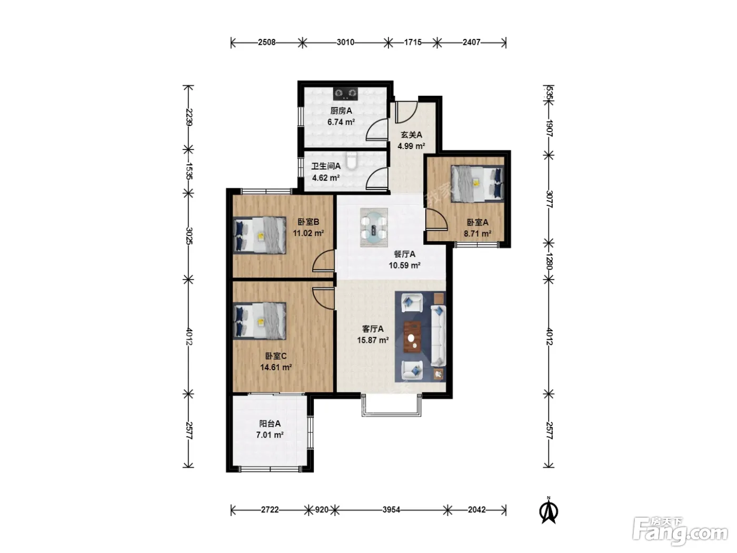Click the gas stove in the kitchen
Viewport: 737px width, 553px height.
tap(345, 94)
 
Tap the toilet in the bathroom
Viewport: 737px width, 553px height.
tap(351, 161)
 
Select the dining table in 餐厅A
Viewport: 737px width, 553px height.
tap(374, 228)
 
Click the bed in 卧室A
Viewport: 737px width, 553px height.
tap(477, 183)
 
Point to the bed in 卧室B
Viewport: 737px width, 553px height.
tap(260, 235)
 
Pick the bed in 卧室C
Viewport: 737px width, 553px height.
tap(260, 321)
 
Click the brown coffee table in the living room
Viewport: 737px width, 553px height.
tap(412, 337)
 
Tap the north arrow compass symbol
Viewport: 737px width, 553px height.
tap(549, 510)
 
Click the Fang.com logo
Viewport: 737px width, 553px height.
tap(680, 531)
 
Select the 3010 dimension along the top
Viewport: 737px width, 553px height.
tap(345, 42)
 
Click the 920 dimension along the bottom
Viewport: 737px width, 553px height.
tap(321, 510)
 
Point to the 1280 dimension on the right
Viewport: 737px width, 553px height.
tap(549, 261)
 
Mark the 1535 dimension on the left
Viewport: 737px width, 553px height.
tap(188, 171)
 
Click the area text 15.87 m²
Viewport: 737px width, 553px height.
tap(373, 340)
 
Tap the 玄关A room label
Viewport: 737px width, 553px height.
tap(411, 135)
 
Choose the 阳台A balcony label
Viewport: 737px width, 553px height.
tap(270, 424)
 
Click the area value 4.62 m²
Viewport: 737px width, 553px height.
tap(326, 177)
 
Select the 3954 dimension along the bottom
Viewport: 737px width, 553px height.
tap(391, 510)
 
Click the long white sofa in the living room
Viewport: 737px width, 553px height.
tap(439, 335)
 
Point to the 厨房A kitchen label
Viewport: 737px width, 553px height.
tap(341, 111)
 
